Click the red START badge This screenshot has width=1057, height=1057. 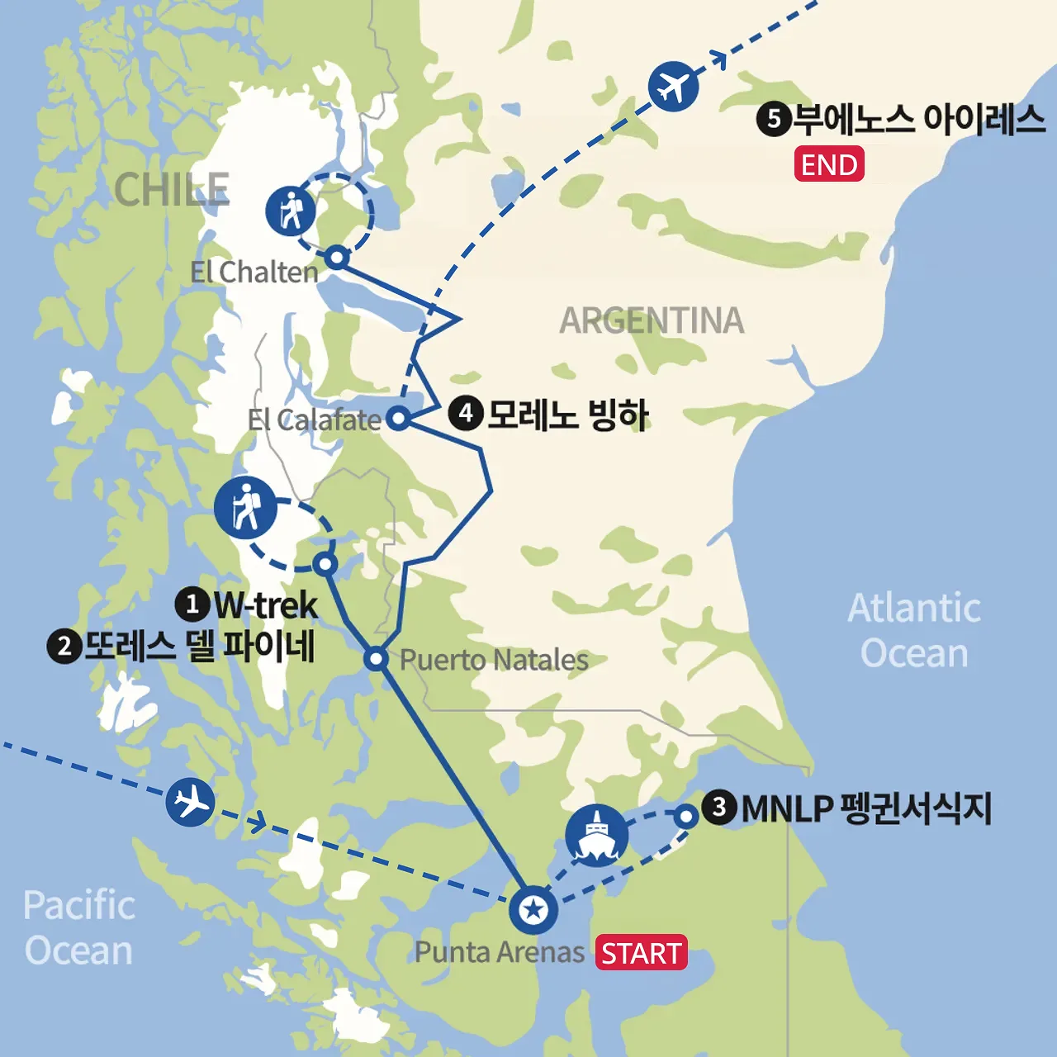point(642,953)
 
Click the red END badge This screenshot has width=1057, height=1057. point(829,164)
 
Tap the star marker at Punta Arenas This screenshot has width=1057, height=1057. point(533,910)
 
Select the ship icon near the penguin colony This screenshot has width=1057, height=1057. point(597,835)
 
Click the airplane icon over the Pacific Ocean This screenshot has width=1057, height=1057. point(190,802)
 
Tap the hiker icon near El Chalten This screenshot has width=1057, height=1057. point(291,210)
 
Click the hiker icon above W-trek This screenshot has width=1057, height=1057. point(245,507)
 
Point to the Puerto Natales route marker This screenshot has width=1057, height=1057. point(376,659)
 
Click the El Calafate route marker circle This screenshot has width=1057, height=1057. point(399,418)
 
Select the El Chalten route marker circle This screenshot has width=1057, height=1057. point(336,257)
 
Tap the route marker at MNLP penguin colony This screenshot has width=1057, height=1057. point(686,817)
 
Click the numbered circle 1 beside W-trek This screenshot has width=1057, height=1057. point(192,604)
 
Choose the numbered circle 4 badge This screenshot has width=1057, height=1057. point(466,412)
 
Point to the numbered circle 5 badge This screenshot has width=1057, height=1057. point(774,119)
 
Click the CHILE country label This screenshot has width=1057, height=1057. point(172,190)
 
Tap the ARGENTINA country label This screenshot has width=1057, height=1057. point(652,320)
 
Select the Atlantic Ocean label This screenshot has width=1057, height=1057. point(914,630)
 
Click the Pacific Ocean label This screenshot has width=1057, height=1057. point(78,927)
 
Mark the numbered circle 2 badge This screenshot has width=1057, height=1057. point(64,646)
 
